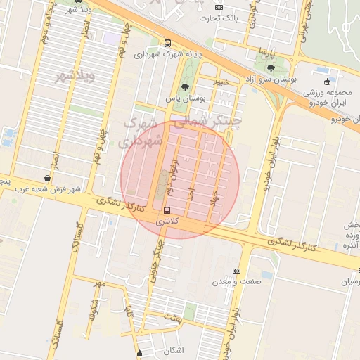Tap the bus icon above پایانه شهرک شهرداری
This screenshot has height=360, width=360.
point(166,43)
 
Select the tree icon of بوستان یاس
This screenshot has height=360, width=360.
point(185,87)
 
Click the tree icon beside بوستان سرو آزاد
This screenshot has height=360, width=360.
point(271,68)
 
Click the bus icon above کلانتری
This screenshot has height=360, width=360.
point(167,210)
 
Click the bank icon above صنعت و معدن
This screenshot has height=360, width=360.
point(236,271)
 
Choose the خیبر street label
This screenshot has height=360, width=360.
point(221,83)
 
